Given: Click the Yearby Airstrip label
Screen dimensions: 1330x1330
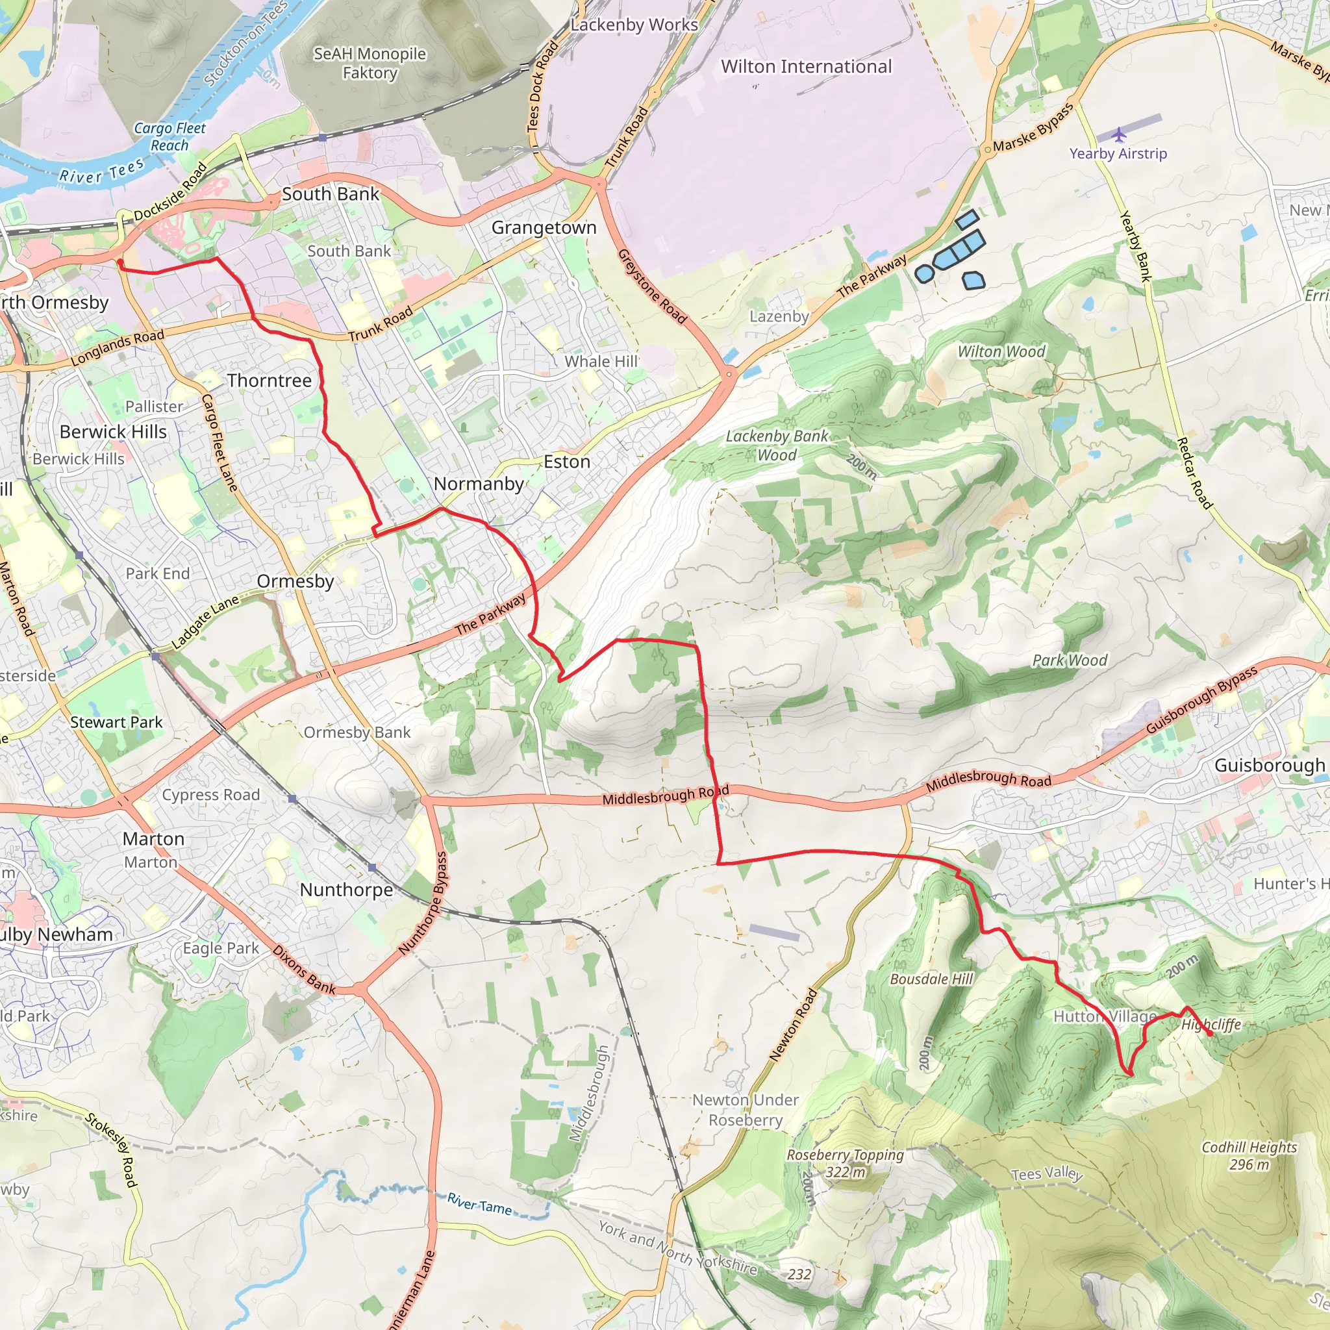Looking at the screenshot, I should pyautogui.click(x=1118, y=153).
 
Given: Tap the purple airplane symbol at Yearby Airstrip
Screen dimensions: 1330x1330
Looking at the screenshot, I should pyautogui.click(x=1120, y=134).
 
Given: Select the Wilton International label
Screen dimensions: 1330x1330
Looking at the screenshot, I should pyautogui.click(x=806, y=67).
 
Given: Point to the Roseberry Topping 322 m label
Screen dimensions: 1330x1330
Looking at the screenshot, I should pyautogui.click(x=845, y=1163).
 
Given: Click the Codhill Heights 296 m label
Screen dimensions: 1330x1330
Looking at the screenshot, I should pyautogui.click(x=1249, y=1156).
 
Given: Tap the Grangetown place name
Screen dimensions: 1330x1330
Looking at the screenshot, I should pyautogui.click(x=544, y=228).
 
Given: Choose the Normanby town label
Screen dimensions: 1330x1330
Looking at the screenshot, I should pyautogui.click(x=479, y=484).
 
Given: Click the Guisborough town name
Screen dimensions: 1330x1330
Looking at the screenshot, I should pyautogui.click(x=1270, y=766).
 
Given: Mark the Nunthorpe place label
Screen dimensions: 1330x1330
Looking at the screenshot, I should pyautogui.click(x=346, y=890).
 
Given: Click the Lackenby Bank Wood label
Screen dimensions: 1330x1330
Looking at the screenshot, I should pyautogui.click(x=777, y=445).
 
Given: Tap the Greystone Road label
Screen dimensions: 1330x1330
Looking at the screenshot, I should pyautogui.click(x=651, y=286).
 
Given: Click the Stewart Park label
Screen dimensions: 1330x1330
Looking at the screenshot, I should pyautogui.click(x=116, y=722).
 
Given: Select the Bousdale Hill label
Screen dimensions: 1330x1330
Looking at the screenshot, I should pyautogui.click(x=931, y=979).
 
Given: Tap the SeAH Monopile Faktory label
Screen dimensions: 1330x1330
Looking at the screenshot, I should pyautogui.click(x=370, y=64).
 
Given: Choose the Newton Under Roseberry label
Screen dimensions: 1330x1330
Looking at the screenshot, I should pyautogui.click(x=746, y=1110).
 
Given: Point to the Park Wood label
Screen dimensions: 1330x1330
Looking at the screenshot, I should pyautogui.click(x=1070, y=660).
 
